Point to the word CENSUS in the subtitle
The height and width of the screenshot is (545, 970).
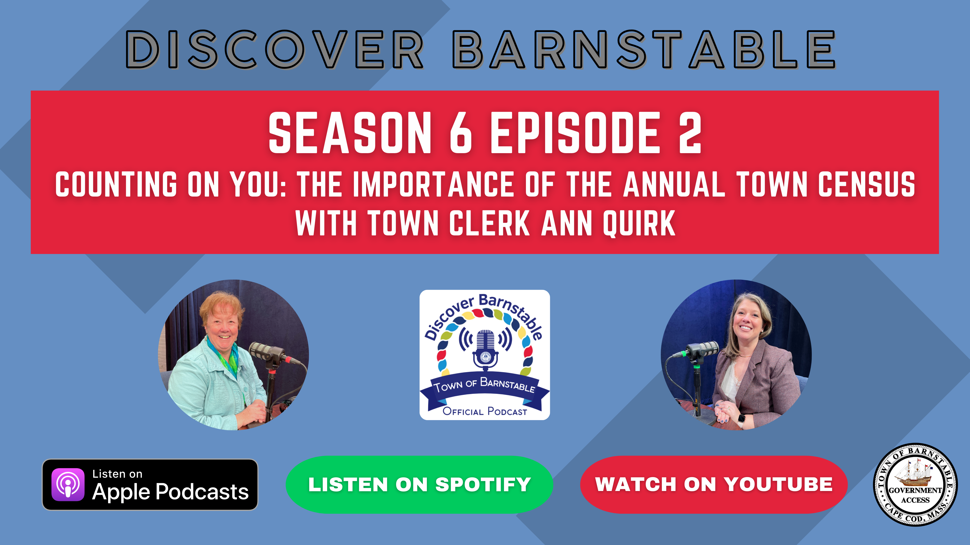[x=866, y=184]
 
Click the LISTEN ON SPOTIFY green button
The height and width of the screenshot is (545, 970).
[x=420, y=484]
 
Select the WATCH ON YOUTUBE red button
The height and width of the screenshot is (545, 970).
[x=714, y=484]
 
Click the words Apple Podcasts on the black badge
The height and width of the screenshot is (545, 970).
[x=171, y=492]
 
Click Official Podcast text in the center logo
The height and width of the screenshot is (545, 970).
[x=485, y=411]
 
